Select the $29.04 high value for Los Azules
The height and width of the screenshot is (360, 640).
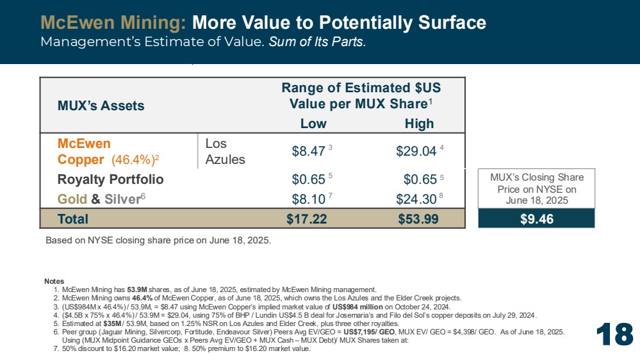coord(416,151)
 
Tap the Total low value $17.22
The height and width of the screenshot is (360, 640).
coord(306,219)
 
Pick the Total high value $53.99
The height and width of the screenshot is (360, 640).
coord(418,219)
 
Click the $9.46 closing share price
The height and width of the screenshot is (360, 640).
coord(537,219)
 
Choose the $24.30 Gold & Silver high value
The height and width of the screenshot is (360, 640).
coord(416,199)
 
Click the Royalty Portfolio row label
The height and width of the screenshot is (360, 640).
coord(111,179)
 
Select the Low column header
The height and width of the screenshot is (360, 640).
coord(313,123)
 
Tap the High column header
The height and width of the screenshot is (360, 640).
coord(419,123)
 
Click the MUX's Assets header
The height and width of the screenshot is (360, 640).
coord(101,106)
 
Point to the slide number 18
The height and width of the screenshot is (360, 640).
coord(614,334)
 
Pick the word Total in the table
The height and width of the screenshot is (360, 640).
coord(72,219)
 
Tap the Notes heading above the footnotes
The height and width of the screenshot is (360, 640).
coord(54,281)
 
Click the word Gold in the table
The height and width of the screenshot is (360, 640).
coord(72,199)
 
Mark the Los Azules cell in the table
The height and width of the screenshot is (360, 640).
coord(225,151)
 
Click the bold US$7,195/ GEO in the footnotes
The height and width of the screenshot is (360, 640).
coord(369,332)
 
